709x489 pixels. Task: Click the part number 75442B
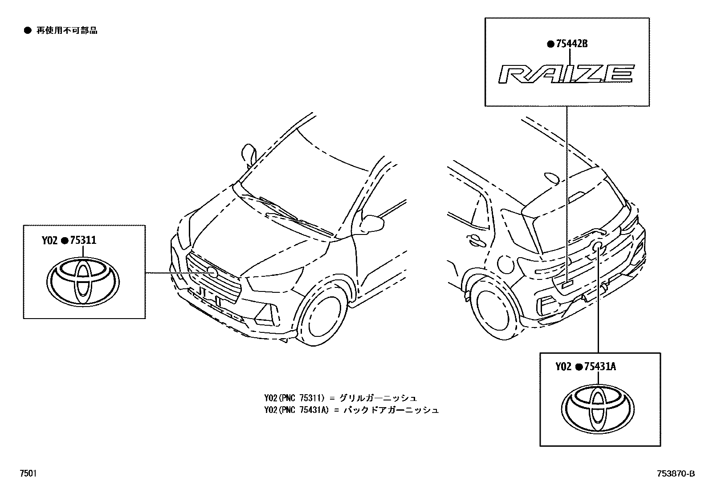(572, 44)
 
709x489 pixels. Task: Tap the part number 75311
(83, 241)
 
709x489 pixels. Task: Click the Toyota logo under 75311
(83, 282)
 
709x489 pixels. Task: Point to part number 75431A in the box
(600, 367)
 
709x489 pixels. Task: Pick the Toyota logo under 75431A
(598, 408)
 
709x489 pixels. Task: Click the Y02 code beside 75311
(50, 241)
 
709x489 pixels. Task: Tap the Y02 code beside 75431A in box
(563, 367)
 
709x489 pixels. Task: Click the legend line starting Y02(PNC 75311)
(341, 397)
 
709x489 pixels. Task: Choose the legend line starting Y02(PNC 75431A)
(351, 410)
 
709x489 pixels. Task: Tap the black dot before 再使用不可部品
(28, 30)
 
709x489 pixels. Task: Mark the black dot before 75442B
(550, 44)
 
